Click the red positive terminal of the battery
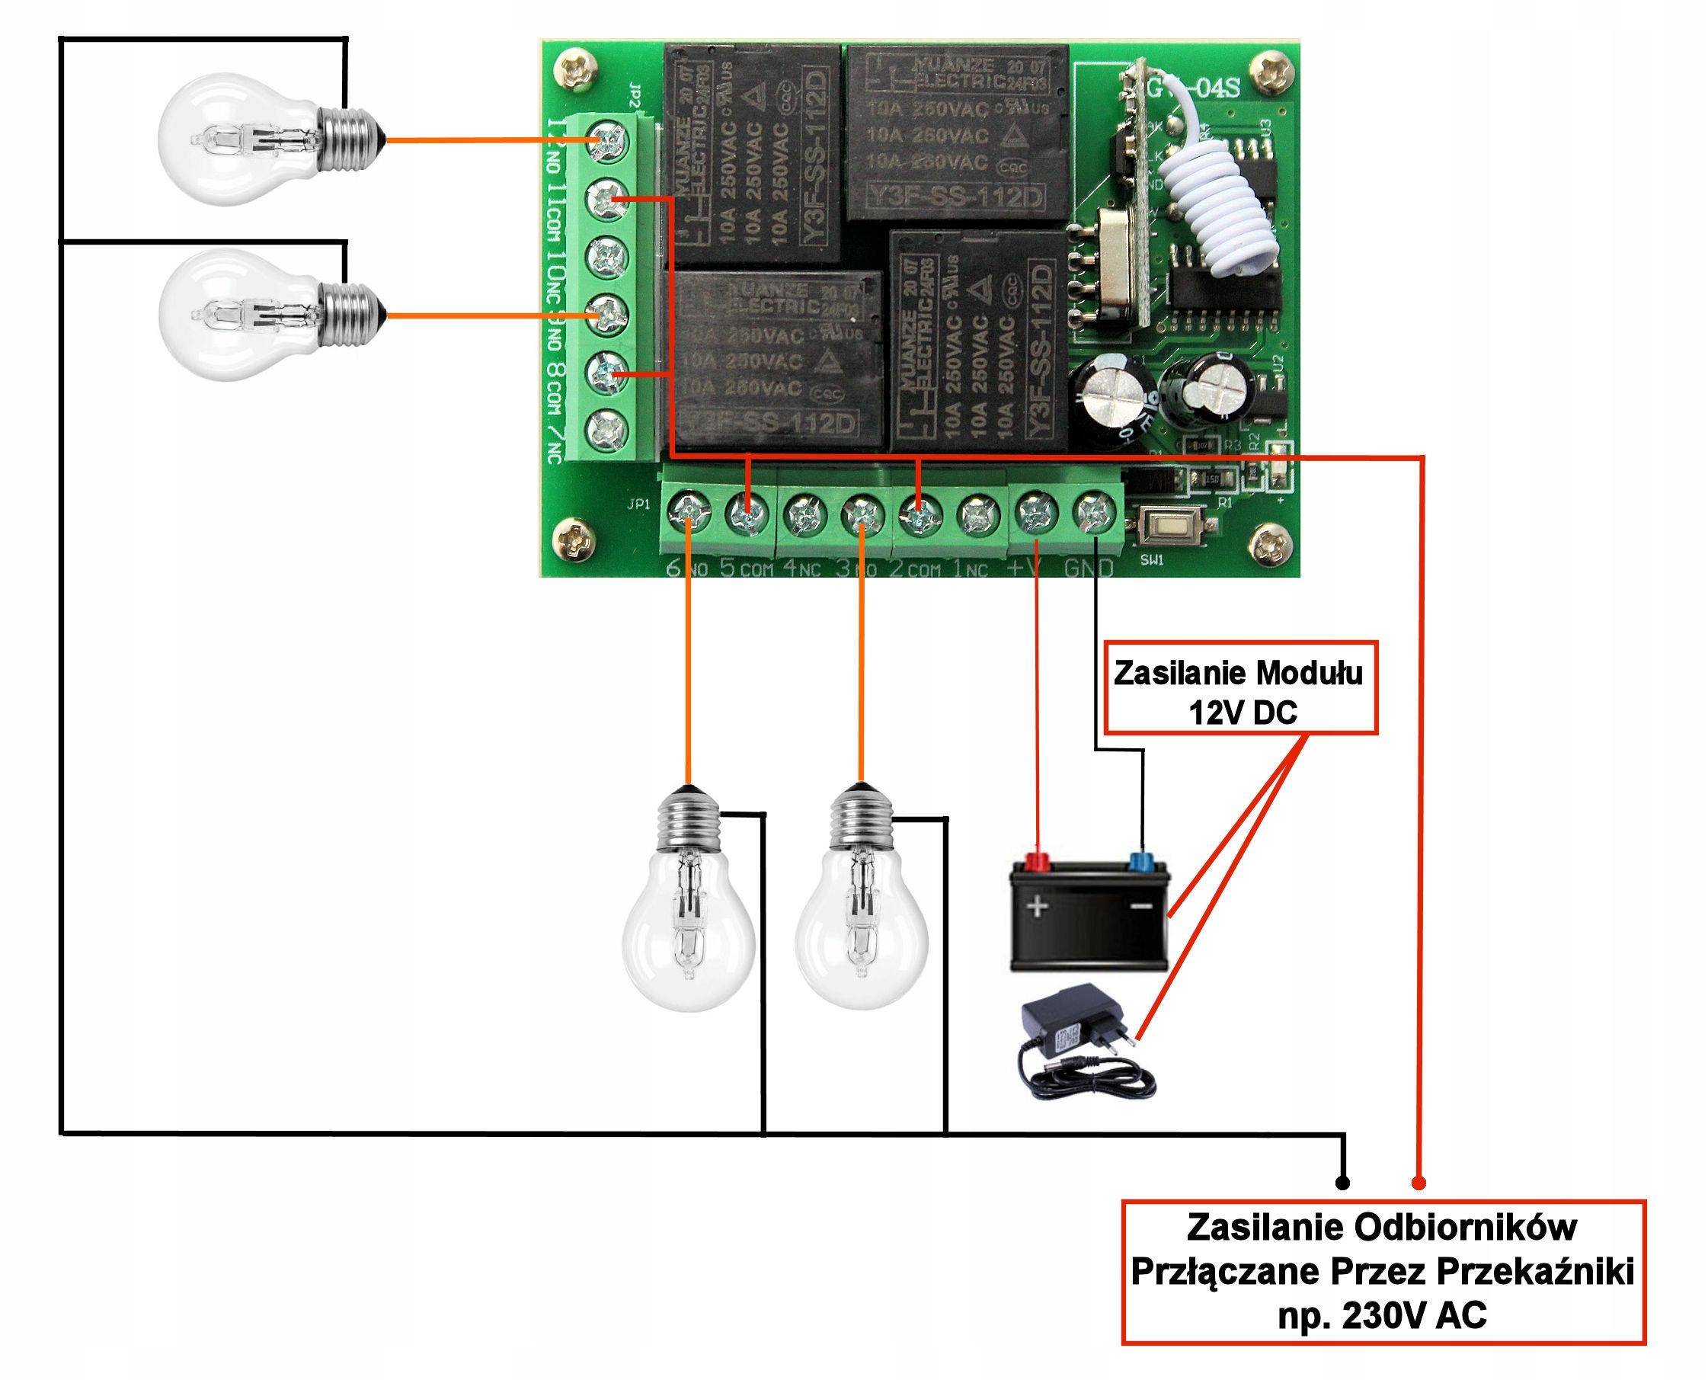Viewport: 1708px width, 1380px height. pos(1037,861)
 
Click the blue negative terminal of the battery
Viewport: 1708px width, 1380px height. pos(1141,862)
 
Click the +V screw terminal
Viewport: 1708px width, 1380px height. pos(1036,514)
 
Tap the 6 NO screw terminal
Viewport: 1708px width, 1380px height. pos(687,514)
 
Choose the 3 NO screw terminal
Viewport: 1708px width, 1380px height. pos(862,514)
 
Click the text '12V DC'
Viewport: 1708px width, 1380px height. pos(1243,712)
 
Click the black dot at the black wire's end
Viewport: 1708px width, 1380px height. pos(1342,1183)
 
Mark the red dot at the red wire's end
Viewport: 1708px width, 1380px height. pos(1419,1183)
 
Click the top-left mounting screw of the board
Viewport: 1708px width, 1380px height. pos(575,69)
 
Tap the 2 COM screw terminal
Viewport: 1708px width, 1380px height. pos(920,514)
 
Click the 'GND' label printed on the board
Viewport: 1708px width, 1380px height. pos(1088,568)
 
